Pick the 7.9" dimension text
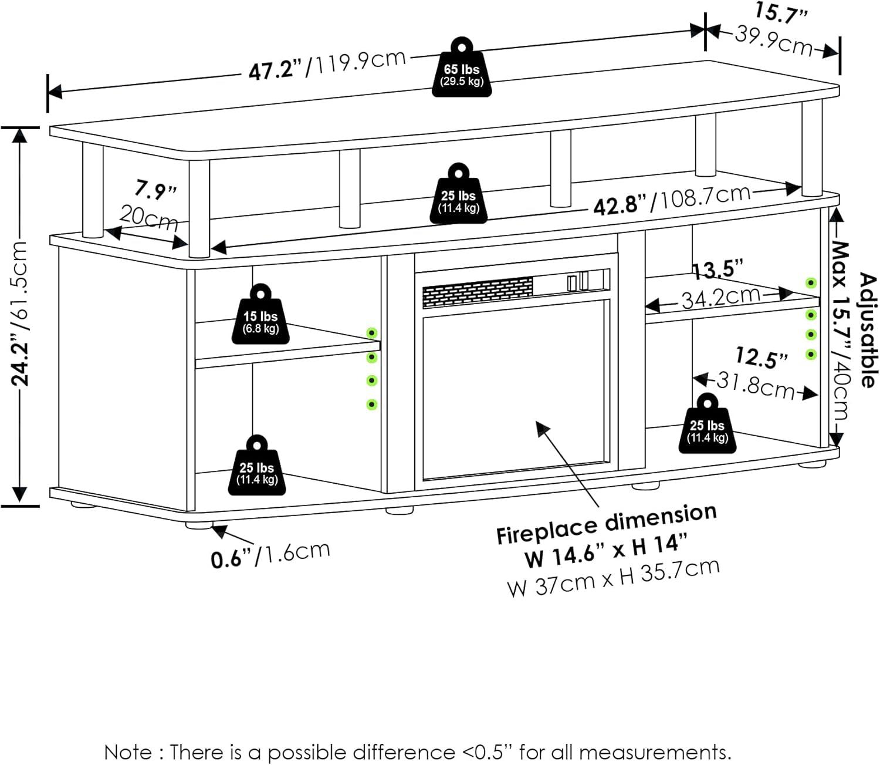pos(155,189)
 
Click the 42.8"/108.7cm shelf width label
pos(672,200)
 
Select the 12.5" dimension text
pos(761,357)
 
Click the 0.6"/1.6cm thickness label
pos(270,554)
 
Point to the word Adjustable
pos(868,329)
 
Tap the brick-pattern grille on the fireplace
pos(478,292)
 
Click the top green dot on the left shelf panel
pos(371,333)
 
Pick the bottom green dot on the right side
pos(811,354)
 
